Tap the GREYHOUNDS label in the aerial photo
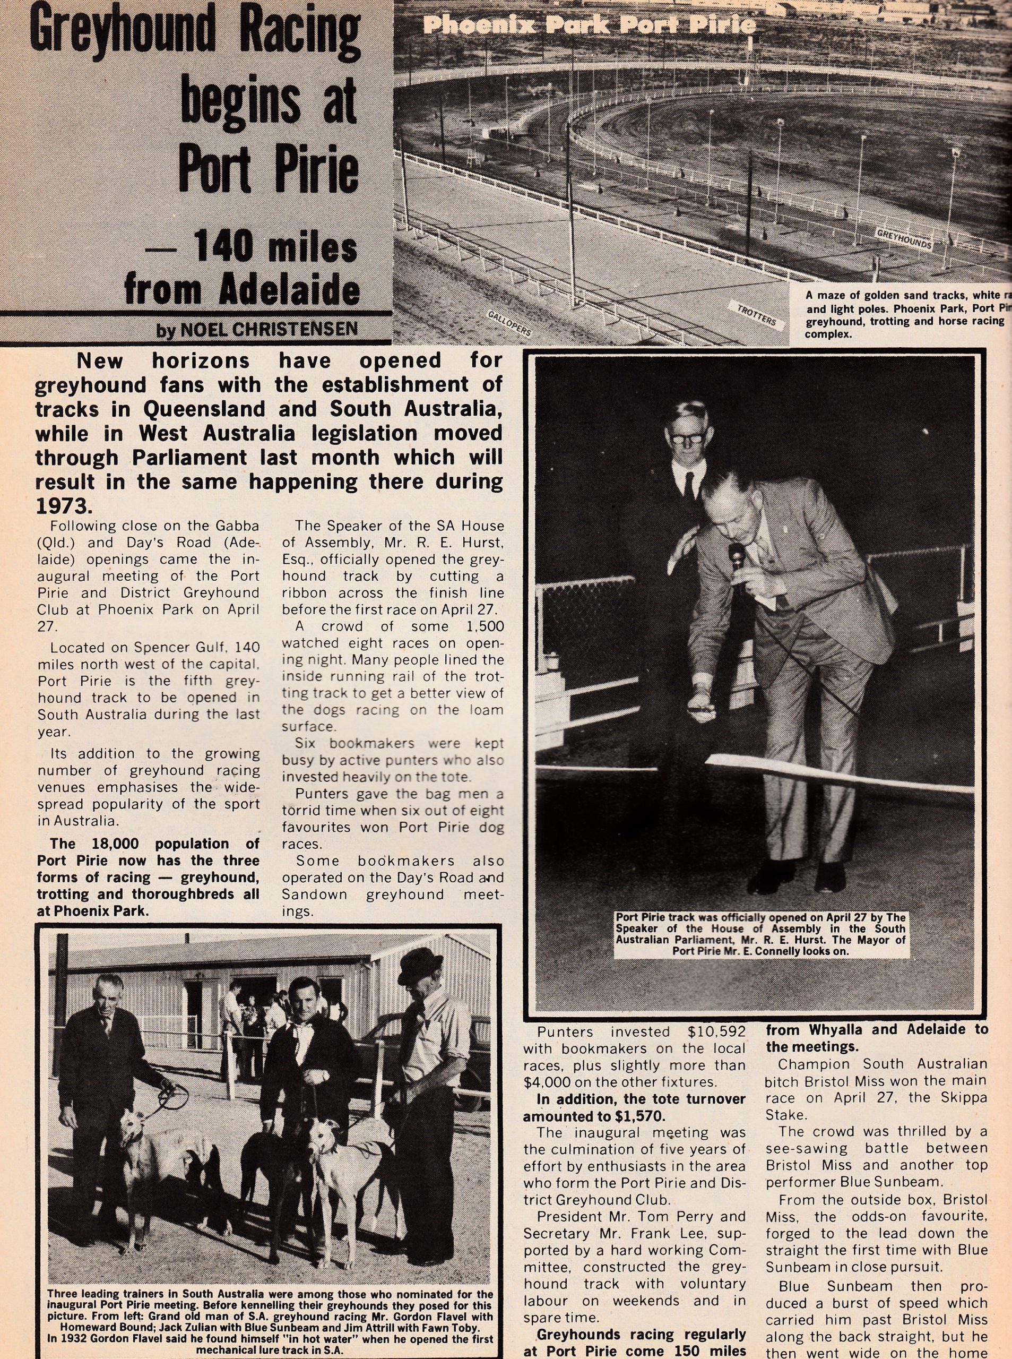pos(904,239)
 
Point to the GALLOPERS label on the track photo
pos(508,323)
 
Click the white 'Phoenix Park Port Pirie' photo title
pos(589,25)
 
